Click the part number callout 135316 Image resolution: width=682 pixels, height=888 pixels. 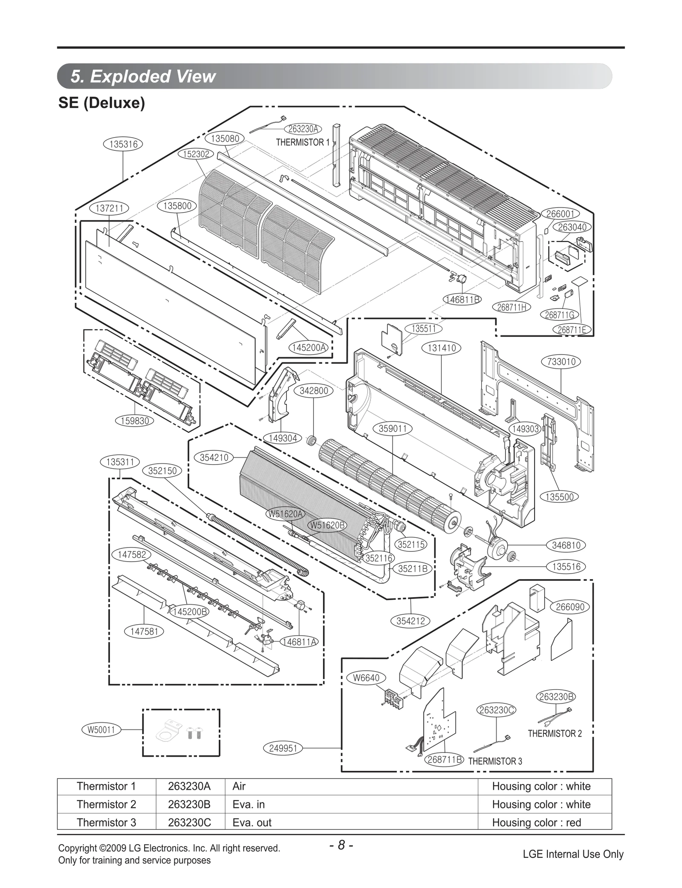coord(123,144)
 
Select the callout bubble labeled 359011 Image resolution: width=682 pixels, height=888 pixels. coord(393,428)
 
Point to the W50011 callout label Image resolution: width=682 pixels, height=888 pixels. coord(101,730)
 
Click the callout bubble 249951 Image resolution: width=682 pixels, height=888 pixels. coord(283,748)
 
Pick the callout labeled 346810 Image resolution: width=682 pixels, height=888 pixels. coord(566,545)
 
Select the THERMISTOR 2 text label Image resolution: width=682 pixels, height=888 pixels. coord(555,733)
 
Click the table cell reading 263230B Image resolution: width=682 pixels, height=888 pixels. coord(189,804)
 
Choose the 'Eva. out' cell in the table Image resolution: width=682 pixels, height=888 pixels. coord(252,822)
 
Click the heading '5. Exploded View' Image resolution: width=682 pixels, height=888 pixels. coord(143,76)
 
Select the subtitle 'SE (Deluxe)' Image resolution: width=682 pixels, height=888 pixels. coord(101,103)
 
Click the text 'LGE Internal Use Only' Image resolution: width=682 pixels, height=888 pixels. coord(573,854)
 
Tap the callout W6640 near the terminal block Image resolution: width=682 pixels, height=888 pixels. coord(366,678)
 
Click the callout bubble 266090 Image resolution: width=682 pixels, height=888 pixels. coord(570,607)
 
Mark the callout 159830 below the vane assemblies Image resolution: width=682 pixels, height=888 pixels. coord(135,421)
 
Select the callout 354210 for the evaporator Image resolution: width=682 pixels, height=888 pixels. coord(214,458)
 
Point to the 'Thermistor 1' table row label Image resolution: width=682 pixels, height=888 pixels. coord(106,786)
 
